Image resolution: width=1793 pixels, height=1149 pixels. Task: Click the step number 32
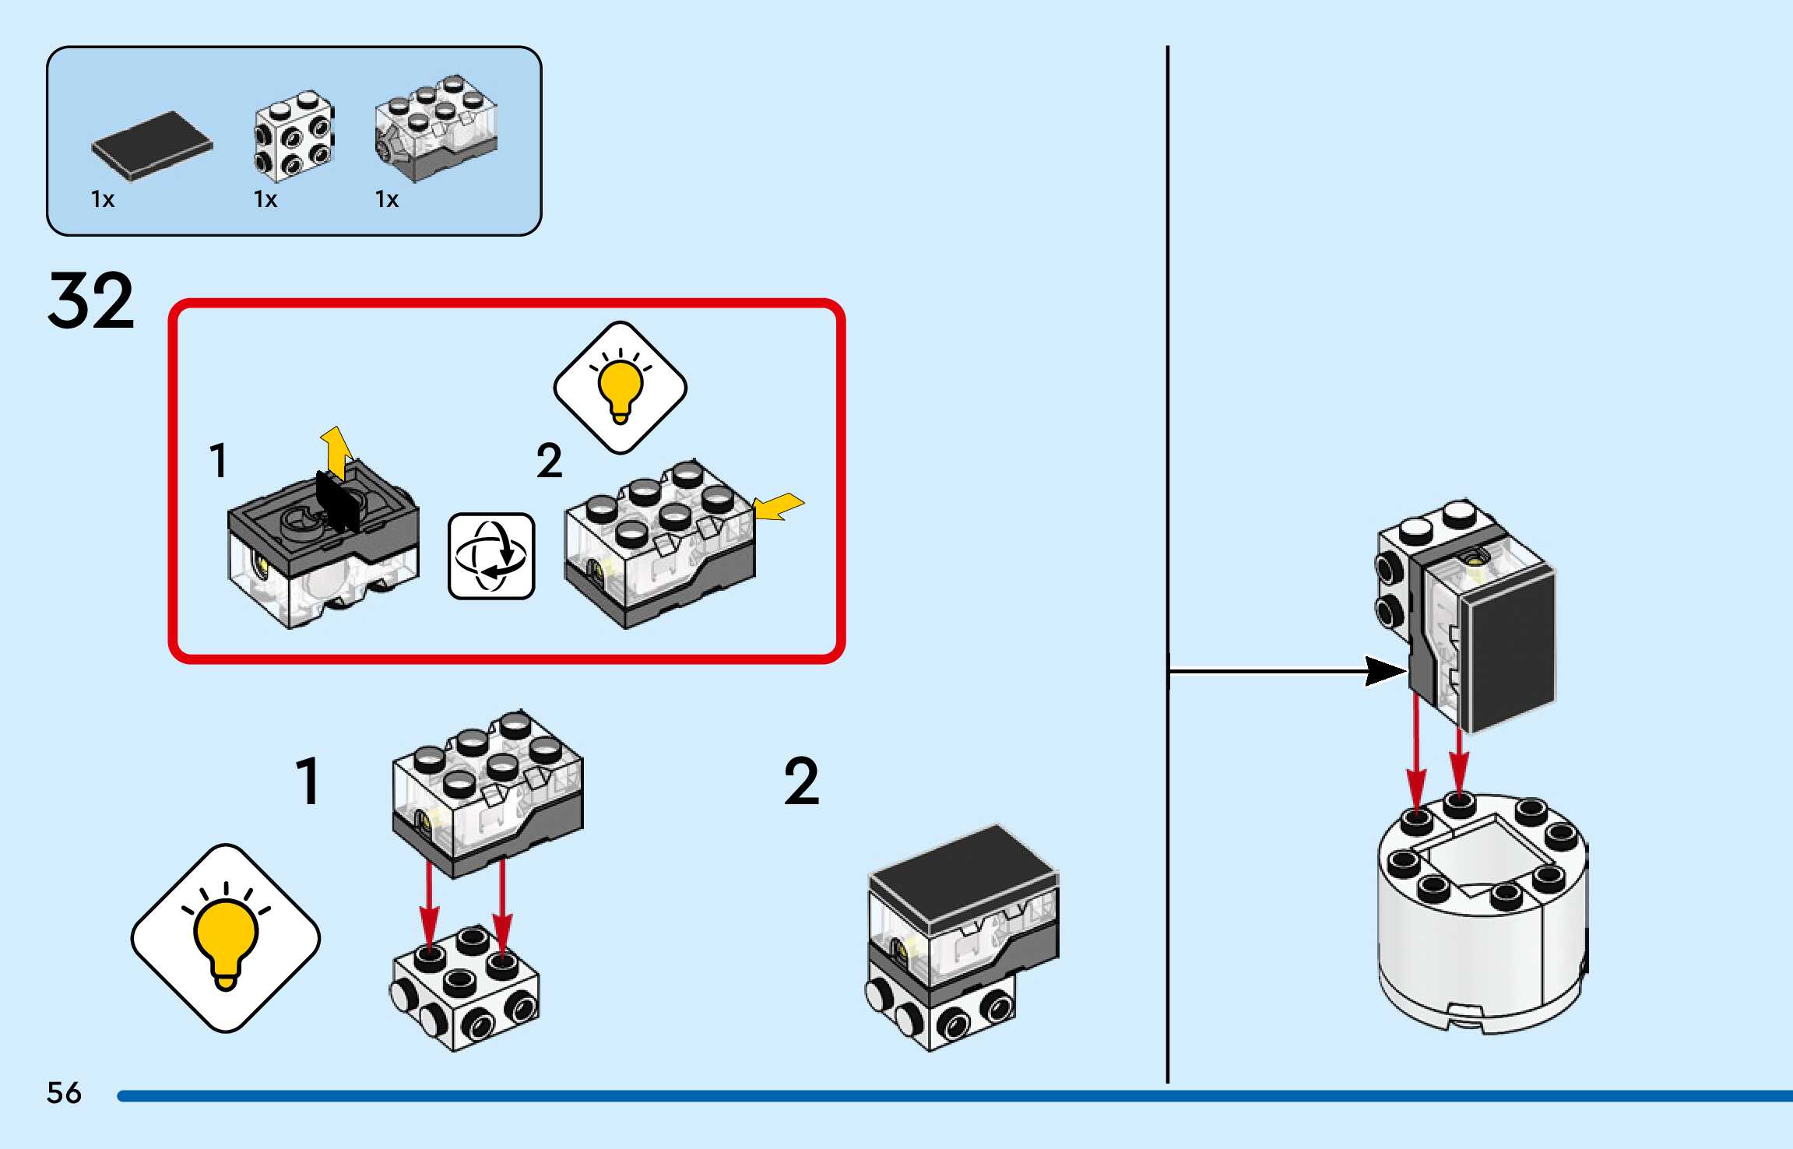[91, 301]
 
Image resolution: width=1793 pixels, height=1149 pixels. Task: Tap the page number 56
[64, 1093]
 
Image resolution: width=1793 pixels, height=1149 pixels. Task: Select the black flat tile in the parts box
[152, 146]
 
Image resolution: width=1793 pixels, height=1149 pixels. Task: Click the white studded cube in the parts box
[294, 136]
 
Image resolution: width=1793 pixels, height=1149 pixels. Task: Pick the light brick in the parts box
[436, 128]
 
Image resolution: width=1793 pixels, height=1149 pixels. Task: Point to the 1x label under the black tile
[103, 200]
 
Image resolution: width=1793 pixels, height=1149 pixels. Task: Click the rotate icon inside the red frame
[491, 556]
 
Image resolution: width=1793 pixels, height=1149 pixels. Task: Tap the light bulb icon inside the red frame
[620, 387]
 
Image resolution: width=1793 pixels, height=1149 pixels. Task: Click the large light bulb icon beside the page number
[226, 938]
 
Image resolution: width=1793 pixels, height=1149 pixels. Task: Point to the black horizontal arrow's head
[1386, 671]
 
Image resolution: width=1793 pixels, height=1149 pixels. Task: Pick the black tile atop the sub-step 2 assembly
[963, 864]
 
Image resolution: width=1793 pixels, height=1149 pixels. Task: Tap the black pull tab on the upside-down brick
[337, 502]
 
